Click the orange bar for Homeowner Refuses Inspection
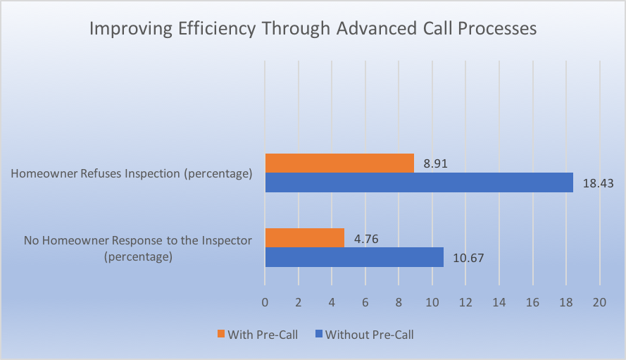[339, 163]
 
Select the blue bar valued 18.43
[419, 182]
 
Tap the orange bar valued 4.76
[305, 238]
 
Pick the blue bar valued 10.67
[354, 257]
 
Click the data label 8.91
[436, 164]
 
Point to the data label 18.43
[598, 183]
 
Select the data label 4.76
[366, 239]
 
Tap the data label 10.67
[468, 258]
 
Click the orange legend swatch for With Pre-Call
[221, 334]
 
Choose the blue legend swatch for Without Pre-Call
[318, 334]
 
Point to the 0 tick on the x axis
[265, 302]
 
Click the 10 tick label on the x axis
[432, 302]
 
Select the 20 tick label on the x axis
[599, 302]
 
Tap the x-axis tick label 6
[365, 302]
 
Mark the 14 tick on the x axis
[499, 302]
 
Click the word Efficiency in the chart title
[217, 29]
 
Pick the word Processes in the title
[497, 29]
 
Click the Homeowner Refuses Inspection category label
[132, 174]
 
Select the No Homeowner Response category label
[138, 248]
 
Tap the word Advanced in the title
[375, 28]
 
